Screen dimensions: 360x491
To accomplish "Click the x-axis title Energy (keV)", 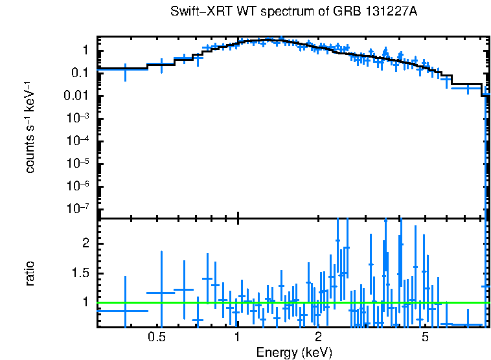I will (294, 352).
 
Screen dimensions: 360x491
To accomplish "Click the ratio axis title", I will (30, 273).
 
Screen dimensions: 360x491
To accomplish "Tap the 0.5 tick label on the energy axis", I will (157, 337).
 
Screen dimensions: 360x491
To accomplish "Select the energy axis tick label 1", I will (238, 337).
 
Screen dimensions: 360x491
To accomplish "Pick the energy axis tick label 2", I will (319, 337).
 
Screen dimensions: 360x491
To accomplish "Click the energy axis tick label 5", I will (425, 337).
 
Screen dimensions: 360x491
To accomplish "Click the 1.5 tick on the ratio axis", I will (80, 273).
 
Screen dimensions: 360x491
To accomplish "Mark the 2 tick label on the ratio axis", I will (84, 243).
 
